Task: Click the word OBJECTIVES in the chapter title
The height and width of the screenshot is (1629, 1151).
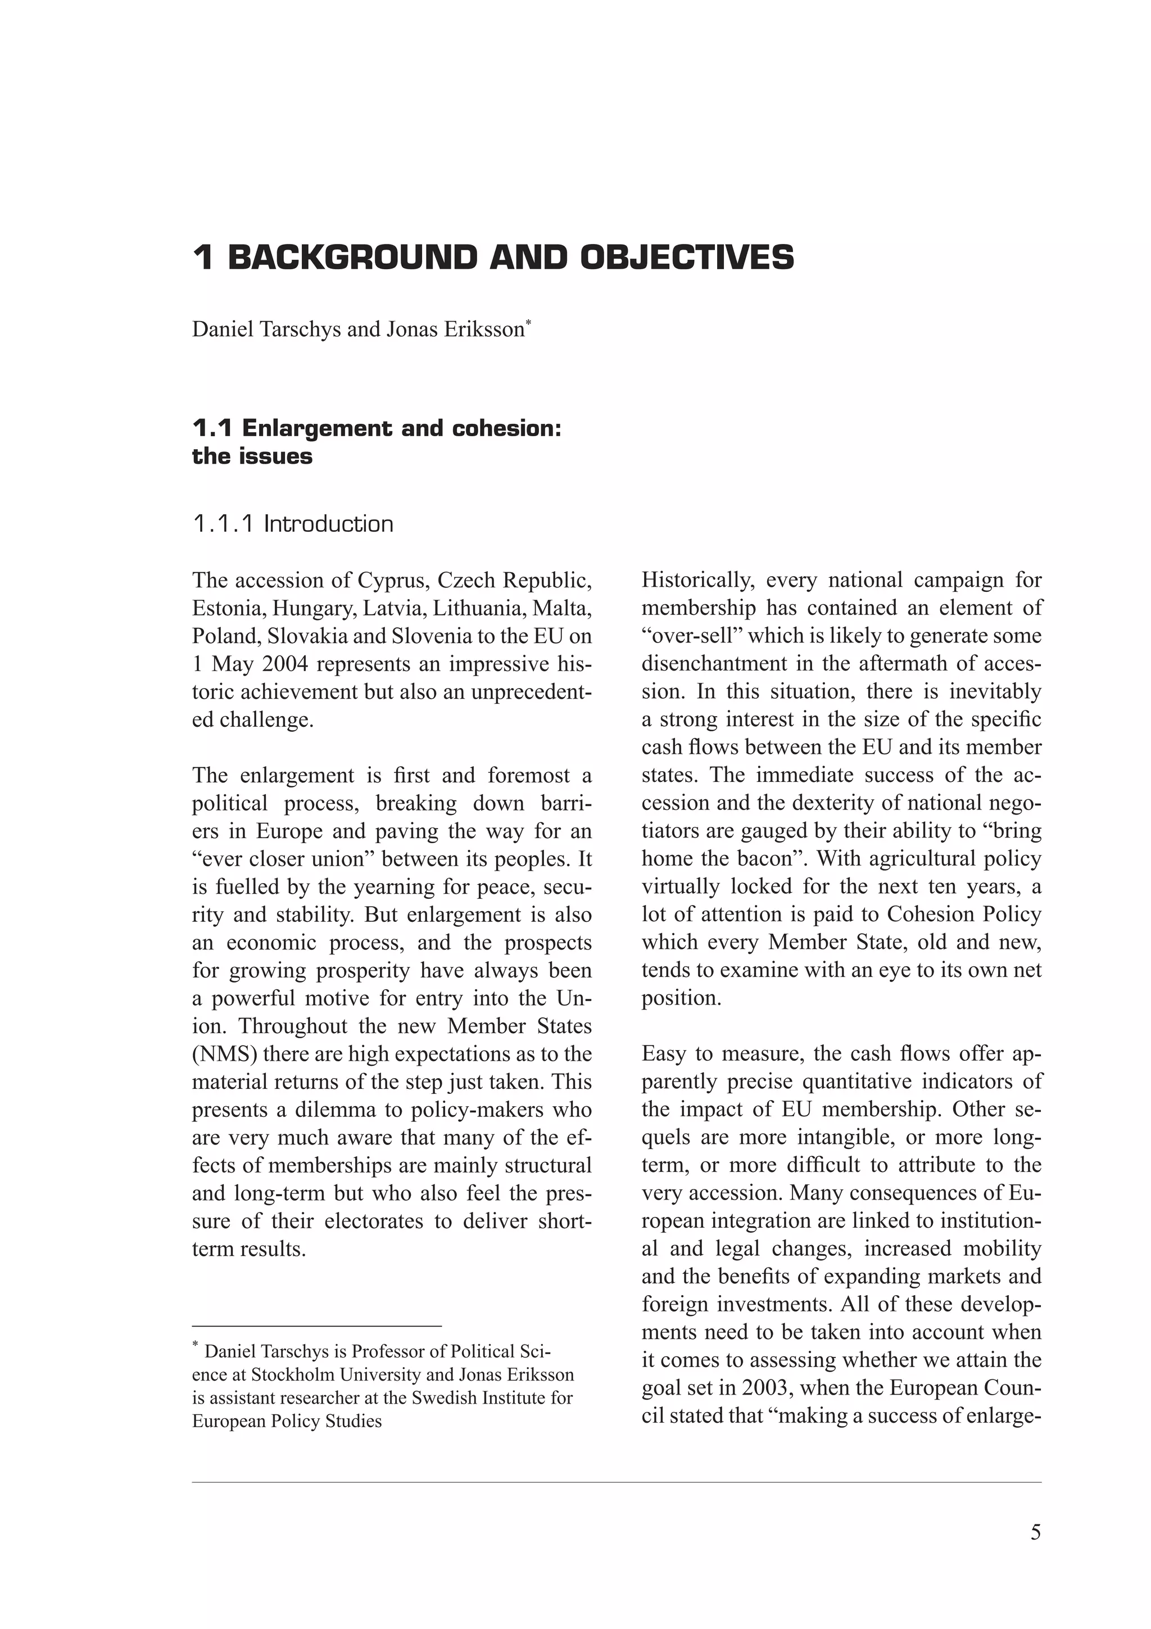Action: [x=686, y=257]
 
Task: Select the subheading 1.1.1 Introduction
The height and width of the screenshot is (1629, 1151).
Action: [x=292, y=524]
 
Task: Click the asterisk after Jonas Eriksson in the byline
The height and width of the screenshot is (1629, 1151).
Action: [x=528, y=324]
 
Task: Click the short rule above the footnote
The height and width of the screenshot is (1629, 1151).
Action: [x=316, y=1325]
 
